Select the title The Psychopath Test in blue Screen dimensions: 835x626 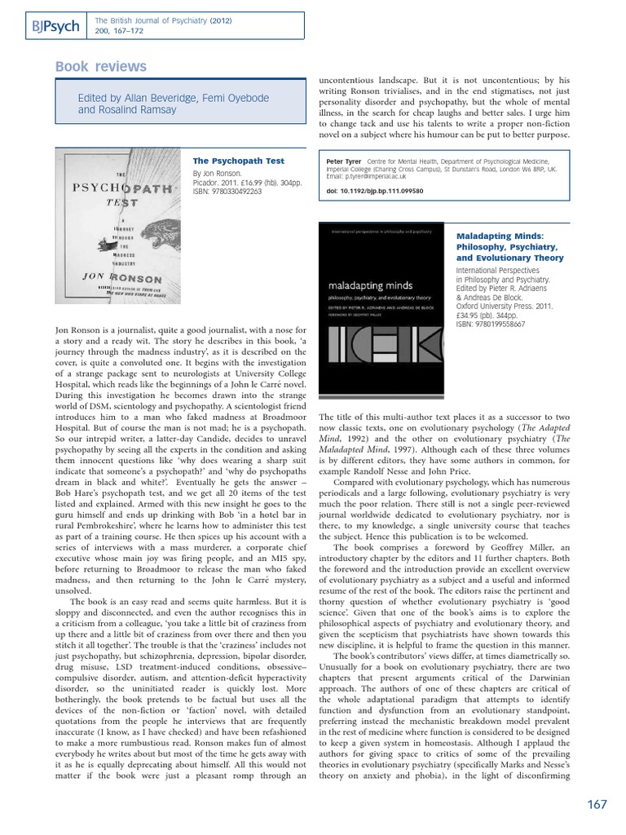tap(227, 161)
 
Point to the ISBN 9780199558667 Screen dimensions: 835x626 tap(490, 324)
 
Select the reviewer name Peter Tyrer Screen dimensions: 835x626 tap(344, 162)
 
